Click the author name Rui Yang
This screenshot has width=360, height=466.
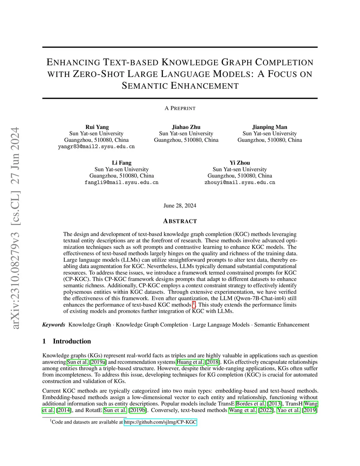[97, 127]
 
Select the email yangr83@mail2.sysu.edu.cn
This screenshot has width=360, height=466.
[96, 147]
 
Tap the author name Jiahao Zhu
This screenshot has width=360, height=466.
[186, 127]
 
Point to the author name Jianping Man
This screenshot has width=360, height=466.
[270, 127]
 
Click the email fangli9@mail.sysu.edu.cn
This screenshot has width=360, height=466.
[121, 183]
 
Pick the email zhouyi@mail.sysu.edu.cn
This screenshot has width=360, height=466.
[240, 183]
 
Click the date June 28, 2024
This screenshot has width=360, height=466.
[180, 205]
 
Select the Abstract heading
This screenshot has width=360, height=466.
[180, 221]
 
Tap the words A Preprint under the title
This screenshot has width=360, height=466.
[180, 108]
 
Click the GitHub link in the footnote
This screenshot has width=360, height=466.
[160, 422]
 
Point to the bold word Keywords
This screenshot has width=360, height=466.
[54, 325]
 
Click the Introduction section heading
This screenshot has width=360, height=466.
[72, 341]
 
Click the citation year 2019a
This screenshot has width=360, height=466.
[98, 362]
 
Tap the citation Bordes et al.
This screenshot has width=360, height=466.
[251, 404]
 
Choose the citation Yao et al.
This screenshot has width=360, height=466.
[289, 410]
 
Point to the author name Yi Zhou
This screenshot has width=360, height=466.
[240, 163]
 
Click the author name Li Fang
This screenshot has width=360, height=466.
[122, 163]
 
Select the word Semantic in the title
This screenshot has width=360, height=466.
[144, 86]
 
